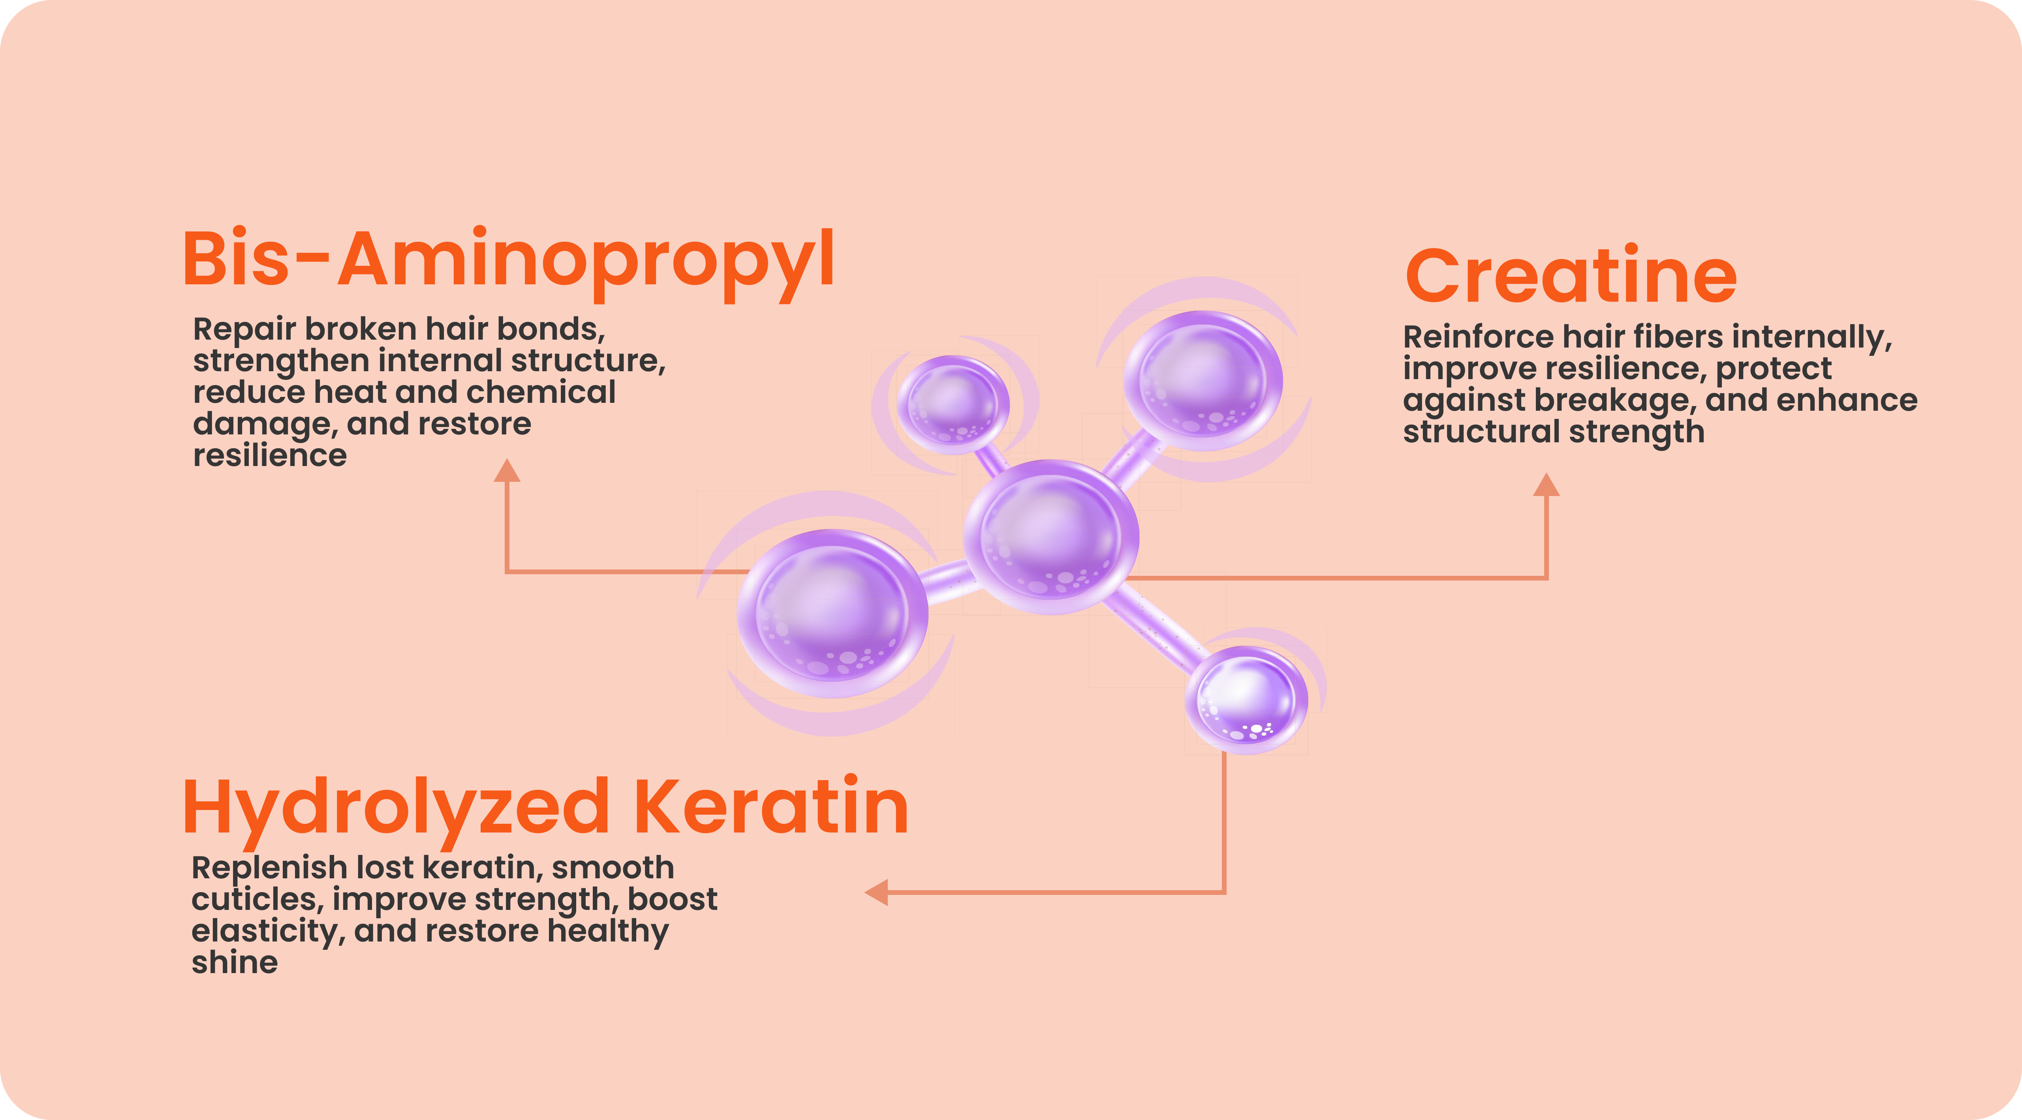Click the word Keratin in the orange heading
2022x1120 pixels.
[771, 806]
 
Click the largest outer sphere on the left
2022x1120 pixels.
[832, 613]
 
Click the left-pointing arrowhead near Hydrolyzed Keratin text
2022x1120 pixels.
[876, 893]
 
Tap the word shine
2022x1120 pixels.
[235, 962]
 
